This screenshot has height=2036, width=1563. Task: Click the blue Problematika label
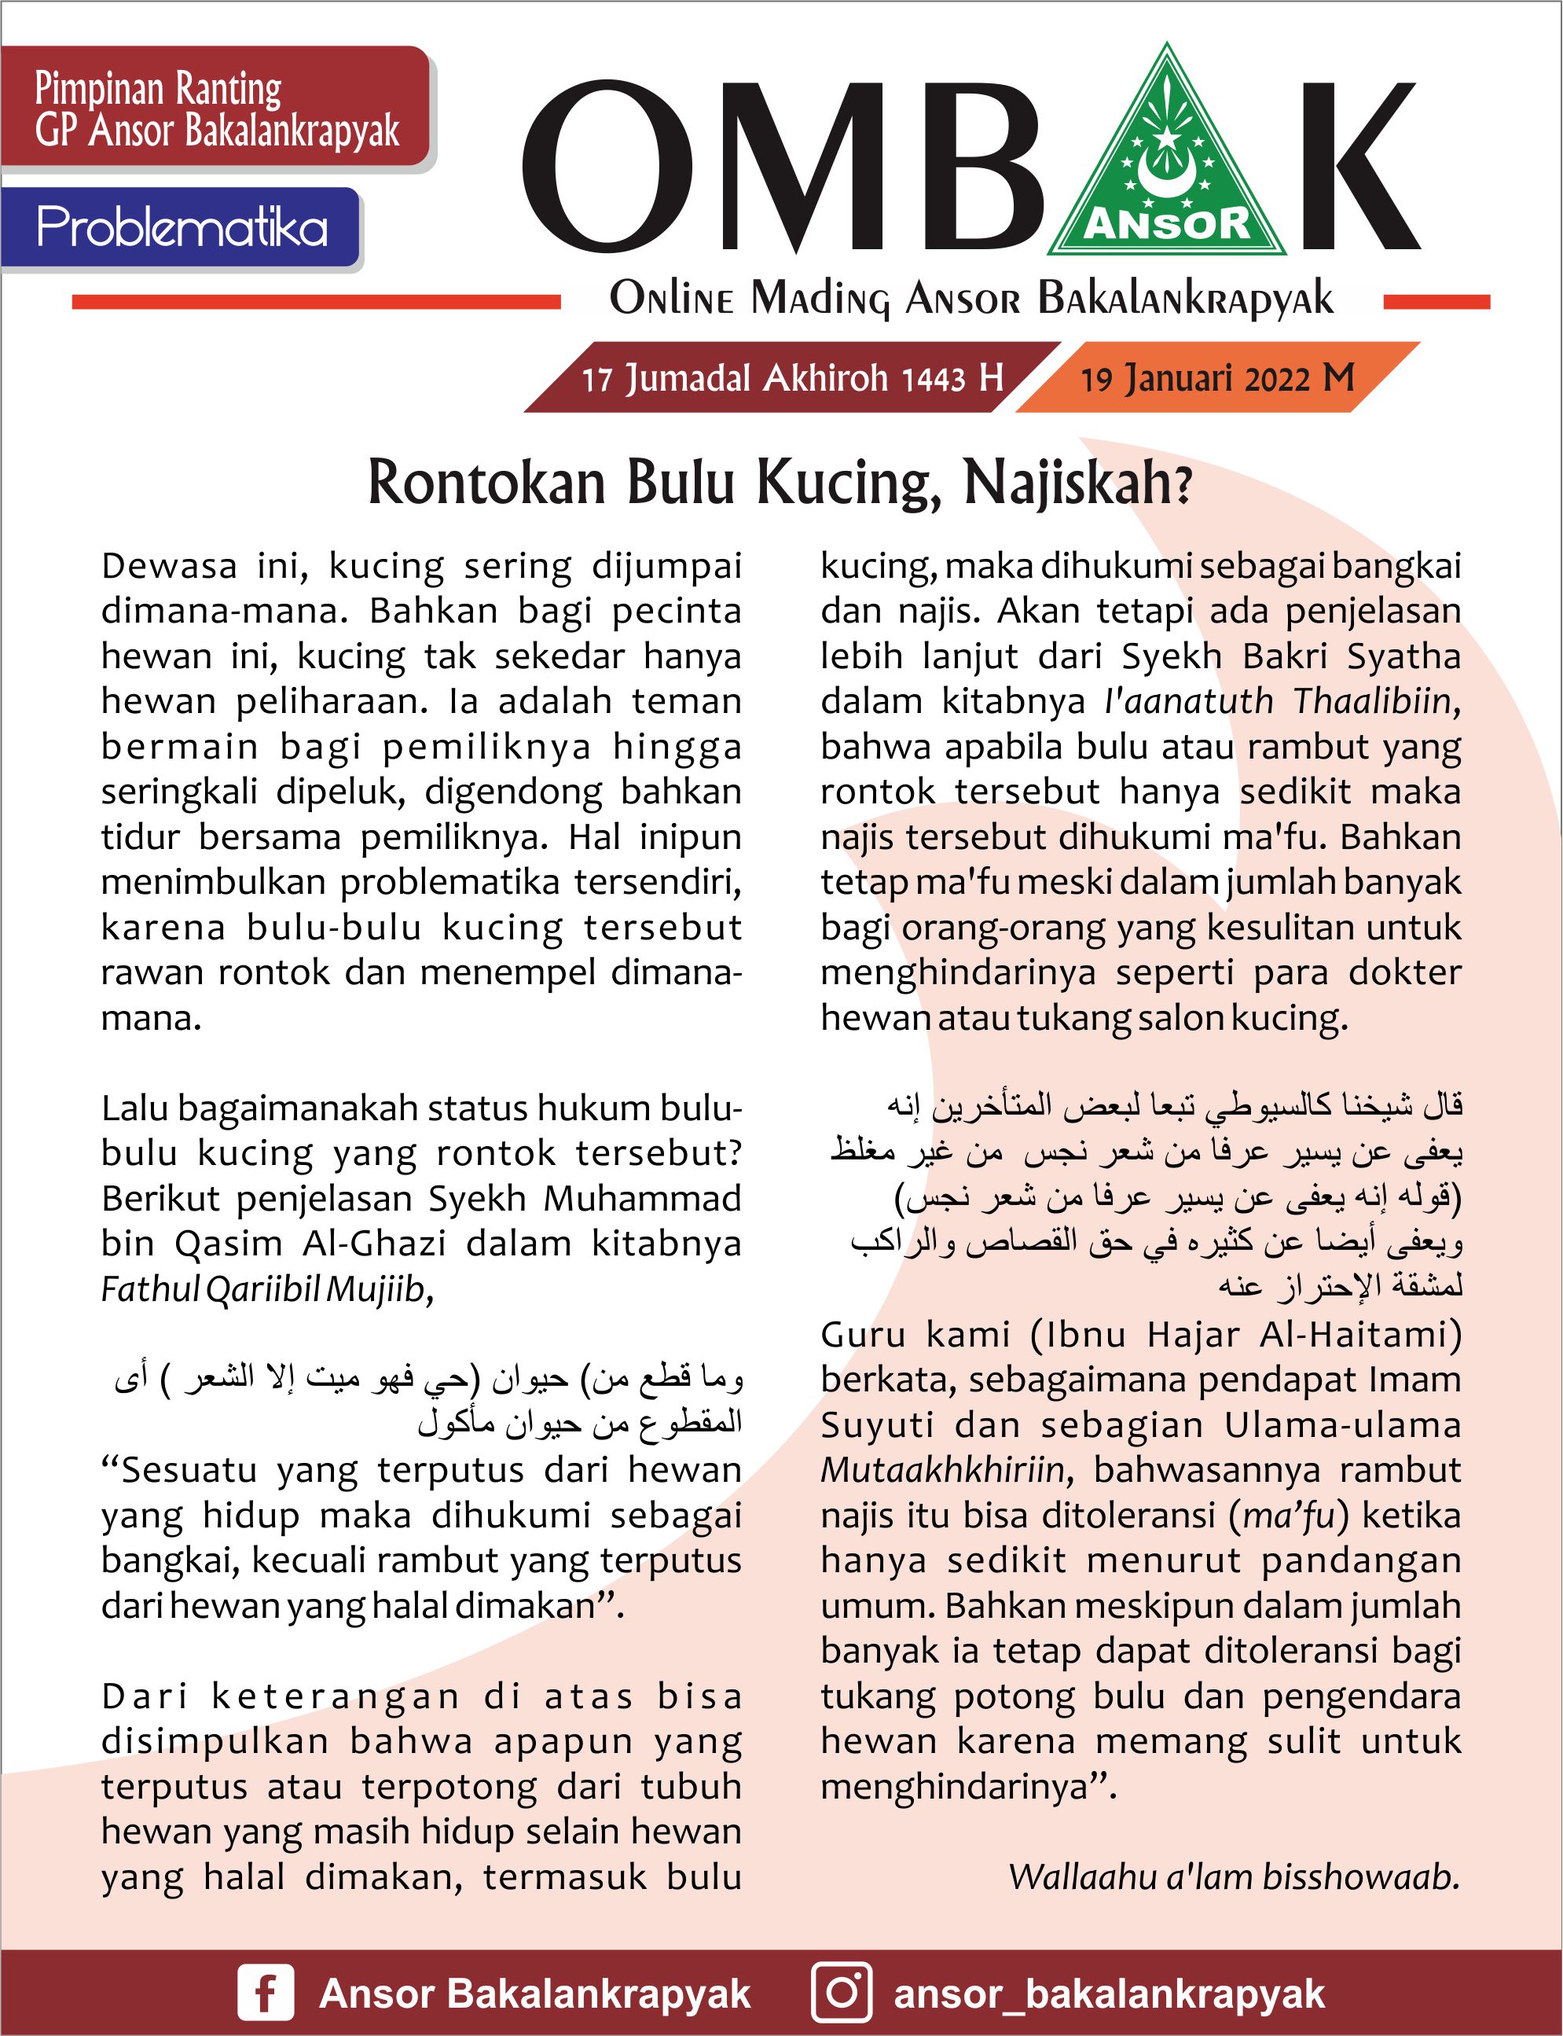click(x=182, y=227)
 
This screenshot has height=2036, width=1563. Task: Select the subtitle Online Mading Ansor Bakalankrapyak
click(x=971, y=300)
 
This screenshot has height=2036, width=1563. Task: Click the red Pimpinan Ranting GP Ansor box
click(x=217, y=108)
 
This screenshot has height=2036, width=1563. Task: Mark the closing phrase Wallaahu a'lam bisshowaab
click(x=1234, y=1877)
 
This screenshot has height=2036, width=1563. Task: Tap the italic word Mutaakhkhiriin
click(x=941, y=1470)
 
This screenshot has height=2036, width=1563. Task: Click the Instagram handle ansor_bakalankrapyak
click(x=1109, y=1994)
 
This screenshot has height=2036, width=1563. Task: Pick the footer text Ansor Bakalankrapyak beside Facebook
click(x=534, y=1994)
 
